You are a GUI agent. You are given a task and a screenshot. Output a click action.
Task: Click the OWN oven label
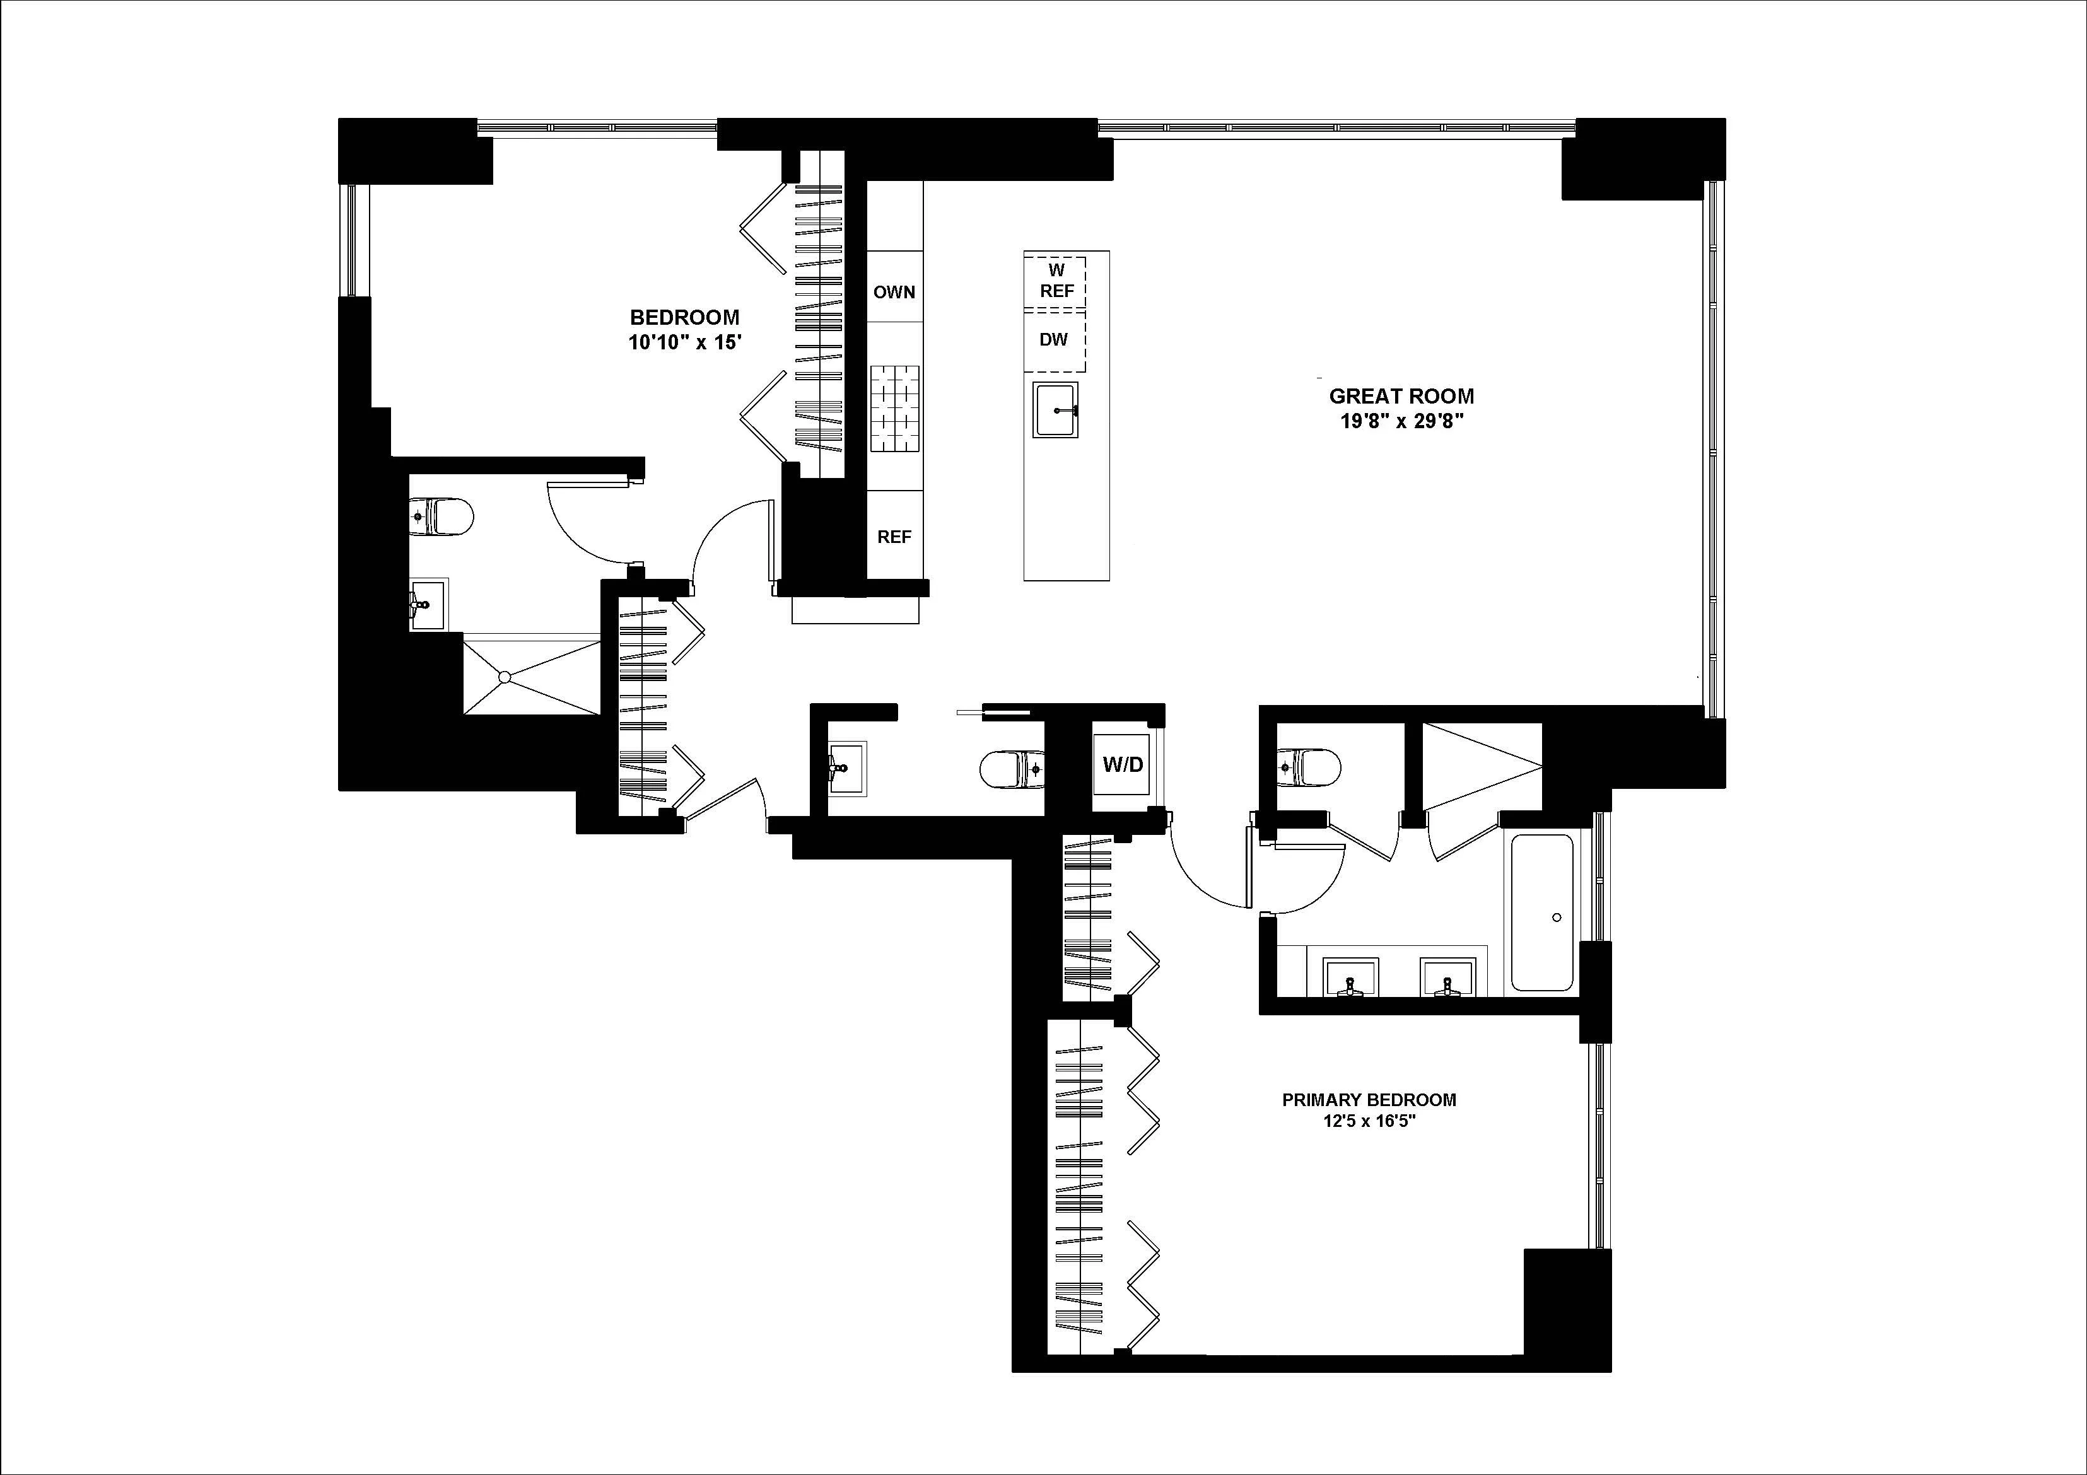pos(894,293)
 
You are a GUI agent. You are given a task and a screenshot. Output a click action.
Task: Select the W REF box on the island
pos(1056,282)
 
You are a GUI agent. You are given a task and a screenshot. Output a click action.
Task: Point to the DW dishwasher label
pos(1053,340)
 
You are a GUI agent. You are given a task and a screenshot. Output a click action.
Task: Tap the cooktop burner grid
pos(894,409)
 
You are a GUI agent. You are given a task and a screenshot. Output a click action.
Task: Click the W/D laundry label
pos(1123,764)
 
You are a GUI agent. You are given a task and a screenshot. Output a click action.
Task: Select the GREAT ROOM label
pos(1401,396)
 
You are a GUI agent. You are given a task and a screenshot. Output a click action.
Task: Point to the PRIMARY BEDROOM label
pos(1369,1100)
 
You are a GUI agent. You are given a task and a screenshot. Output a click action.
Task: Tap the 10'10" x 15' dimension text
pos(684,342)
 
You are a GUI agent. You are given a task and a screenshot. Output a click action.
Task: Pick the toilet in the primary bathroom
pos(1308,767)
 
